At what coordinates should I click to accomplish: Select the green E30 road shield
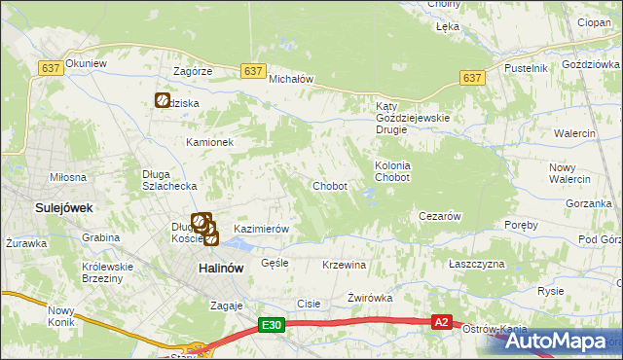click(273, 326)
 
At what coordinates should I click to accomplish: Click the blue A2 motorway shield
click(442, 321)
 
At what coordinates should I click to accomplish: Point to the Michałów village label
click(289, 80)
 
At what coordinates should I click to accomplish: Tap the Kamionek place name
click(210, 142)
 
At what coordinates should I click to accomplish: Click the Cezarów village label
click(438, 216)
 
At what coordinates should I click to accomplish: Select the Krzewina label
click(344, 265)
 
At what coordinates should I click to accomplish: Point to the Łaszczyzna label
click(477, 265)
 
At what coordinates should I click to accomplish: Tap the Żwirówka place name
click(370, 299)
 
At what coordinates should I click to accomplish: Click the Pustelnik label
click(526, 68)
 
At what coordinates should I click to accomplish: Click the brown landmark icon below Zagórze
click(163, 99)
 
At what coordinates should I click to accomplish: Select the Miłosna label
click(68, 177)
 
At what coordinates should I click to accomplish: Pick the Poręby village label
click(522, 225)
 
